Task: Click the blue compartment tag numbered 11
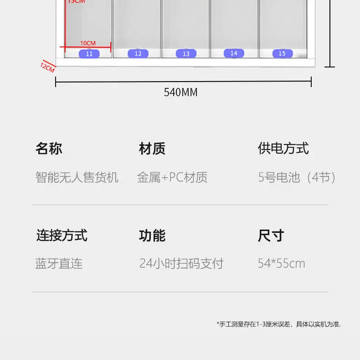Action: coord(89,54)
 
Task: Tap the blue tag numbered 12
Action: coord(138,54)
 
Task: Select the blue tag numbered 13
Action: coord(186,54)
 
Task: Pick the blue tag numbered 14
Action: coord(234,53)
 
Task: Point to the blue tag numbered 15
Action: coord(282,54)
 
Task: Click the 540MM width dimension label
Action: coord(181,92)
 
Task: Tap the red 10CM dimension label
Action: coord(88,43)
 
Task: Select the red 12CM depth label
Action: coord(47,68)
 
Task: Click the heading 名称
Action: coord(49,149)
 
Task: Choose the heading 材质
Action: coord(152,149)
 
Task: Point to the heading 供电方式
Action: coord(283,149)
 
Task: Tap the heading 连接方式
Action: coord(62,236)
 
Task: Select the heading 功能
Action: coord(152,236)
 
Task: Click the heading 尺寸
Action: coord(271,236)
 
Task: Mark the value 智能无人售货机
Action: coord(77,177)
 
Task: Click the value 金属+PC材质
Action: coord(172,177)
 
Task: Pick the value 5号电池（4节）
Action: coord(298,177)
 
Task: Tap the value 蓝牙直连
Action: coord(59,263)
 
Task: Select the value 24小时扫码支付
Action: coord(181,263)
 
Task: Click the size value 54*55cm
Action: coord(281,263)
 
